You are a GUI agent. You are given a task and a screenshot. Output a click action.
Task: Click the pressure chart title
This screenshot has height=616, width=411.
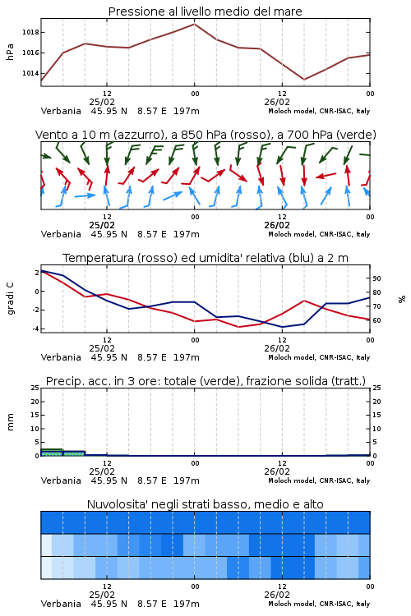tap(205, 11)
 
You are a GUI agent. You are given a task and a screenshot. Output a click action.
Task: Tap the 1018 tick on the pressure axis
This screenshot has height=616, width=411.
tap(30, 32)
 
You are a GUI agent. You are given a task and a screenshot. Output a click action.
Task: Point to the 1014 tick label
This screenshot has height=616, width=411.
tap(30, 73)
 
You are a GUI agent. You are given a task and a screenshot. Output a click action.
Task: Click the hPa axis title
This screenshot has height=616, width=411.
tap(10, 52)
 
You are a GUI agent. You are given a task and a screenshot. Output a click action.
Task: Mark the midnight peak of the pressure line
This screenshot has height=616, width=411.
tap(194, 24)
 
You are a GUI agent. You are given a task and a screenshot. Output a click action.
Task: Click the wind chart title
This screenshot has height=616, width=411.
tap(205, 135)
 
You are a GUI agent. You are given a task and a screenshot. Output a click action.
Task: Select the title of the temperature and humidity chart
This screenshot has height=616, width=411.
tap(205, 258)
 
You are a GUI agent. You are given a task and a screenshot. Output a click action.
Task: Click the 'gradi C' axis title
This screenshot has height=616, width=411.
tap(11, 298)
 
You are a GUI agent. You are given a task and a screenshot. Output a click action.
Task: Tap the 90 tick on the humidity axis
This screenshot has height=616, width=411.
tap(376, 278)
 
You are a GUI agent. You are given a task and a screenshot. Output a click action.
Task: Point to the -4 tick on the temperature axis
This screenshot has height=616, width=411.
tap(36, 329)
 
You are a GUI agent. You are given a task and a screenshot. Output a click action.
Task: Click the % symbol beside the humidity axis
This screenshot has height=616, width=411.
tap(402, 299)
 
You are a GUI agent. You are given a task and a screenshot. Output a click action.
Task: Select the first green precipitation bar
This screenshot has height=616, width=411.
tap(52, 453)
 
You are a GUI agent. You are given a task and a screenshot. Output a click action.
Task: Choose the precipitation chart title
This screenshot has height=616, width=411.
tap(205, 381)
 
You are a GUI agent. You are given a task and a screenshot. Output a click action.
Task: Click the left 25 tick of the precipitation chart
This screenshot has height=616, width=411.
tap(35, 388)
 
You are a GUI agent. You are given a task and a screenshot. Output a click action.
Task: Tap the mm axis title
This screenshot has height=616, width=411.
tap(11, 422)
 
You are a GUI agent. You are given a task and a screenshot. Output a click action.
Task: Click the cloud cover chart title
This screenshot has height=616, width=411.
tap(205, 504)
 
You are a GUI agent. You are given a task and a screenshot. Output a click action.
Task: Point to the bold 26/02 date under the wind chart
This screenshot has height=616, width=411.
tap(277, 226)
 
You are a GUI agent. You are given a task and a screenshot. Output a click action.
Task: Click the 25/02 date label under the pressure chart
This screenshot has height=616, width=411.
tap(102, 102)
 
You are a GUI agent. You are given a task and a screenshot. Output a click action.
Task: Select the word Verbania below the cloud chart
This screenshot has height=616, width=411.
tap(61, 604)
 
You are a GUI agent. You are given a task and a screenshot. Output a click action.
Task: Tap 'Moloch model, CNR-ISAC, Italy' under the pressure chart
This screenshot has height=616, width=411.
tap(319, 111)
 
